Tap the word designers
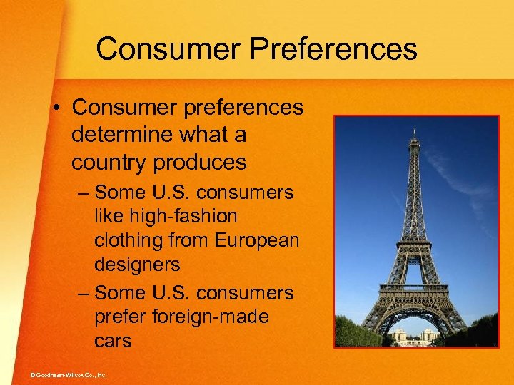137,265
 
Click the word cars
113,341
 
